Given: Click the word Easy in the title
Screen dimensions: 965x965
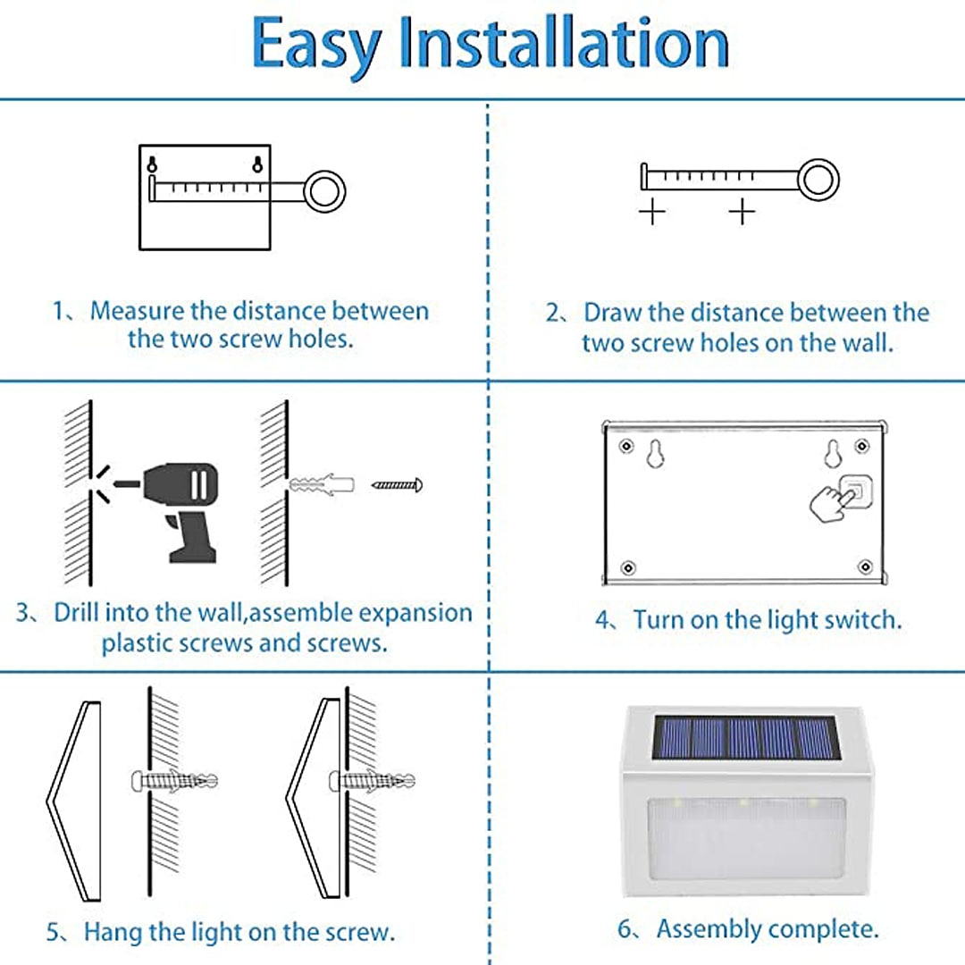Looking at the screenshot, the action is click(315, 46).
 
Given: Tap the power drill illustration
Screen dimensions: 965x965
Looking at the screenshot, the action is click(175, 510).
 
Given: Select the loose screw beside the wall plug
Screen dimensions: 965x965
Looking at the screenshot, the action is click(398, 485).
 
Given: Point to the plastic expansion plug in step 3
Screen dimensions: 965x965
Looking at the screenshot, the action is click(322, 483).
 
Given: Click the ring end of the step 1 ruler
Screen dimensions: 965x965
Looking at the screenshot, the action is click(325, 191).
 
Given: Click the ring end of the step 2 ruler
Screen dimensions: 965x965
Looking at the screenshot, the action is click(818, 179).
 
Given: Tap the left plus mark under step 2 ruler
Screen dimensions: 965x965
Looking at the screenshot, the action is click(651, 213).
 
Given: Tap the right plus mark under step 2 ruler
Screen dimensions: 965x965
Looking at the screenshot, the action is click(743, 213).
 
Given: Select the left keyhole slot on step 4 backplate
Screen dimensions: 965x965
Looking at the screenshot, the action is click(655, 454).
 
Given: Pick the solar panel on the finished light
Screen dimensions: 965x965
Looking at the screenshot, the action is click(746, 737).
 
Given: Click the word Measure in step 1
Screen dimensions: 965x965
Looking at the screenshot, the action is click(138, 311).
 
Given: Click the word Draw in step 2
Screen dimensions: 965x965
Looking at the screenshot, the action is click(612, 313).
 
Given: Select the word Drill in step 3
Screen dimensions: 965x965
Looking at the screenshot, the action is click(76, 612).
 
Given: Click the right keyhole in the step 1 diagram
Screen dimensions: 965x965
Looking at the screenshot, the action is click(258, 164).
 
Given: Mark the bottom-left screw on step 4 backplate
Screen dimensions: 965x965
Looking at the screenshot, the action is click(628, 567).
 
